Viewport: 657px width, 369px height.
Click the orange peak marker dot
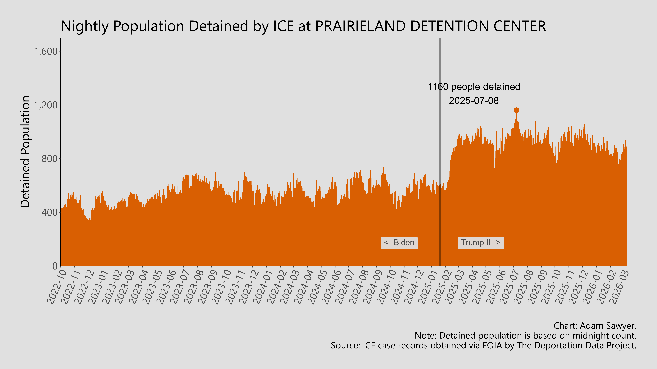[516, 110]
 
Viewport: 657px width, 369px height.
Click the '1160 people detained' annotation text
[474, 87]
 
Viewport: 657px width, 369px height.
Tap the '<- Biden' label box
[399, 243]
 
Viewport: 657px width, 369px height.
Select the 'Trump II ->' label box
[480, 243]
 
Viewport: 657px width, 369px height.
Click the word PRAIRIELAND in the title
[360, 26]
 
